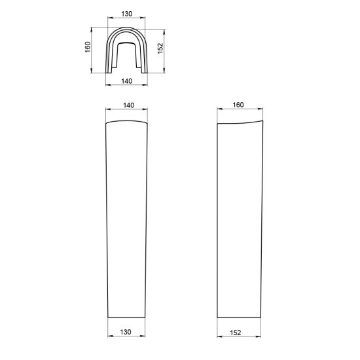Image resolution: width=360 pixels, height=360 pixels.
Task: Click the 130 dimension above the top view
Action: pos(127,14)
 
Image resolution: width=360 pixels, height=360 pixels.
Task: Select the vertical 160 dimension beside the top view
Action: pos(88,47)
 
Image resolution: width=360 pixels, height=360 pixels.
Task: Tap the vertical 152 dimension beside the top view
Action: pos(160,48)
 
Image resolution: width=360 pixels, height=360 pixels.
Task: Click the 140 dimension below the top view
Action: pos(127,81)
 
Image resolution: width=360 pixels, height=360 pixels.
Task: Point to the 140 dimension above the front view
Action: pos(128,105)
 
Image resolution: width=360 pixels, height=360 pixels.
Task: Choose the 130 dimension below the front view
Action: pos(126,332)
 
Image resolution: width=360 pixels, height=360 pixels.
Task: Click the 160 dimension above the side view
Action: pos(238,105)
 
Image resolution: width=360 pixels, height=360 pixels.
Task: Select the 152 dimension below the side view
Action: pos(236,333)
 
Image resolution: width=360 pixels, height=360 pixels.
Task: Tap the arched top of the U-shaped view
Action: pos(126,28)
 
